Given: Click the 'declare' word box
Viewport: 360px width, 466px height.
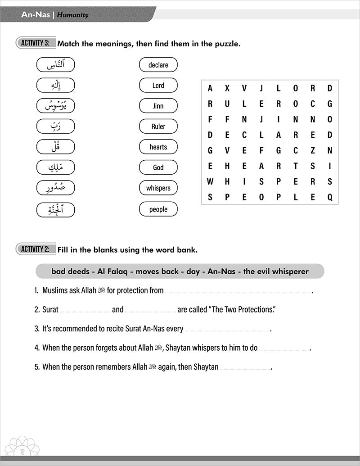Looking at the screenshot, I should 158,65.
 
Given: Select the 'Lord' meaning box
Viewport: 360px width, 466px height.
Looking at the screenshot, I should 158,85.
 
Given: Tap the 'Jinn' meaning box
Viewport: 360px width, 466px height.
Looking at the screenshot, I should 158,106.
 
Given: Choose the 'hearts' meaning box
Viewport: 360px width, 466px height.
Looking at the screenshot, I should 158,147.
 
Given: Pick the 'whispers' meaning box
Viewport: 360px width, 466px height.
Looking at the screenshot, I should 158,188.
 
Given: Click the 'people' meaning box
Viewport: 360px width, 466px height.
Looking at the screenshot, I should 158,209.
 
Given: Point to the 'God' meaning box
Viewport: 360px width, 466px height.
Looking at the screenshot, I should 158,167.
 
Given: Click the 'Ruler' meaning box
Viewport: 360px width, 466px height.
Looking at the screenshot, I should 158,127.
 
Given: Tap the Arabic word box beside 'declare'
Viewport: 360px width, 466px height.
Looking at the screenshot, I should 55,65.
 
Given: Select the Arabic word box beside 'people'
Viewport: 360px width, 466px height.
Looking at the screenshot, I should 55,209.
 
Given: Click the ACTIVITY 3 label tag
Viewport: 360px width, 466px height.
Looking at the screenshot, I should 35,43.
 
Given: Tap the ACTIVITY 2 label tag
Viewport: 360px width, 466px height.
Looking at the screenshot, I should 35,249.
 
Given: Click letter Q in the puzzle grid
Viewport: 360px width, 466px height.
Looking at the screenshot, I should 329,197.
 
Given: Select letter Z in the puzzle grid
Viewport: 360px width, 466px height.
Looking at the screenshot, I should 312,150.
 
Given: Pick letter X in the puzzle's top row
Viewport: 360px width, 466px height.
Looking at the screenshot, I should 227,88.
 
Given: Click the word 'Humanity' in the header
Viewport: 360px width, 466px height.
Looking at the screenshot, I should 72,15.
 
